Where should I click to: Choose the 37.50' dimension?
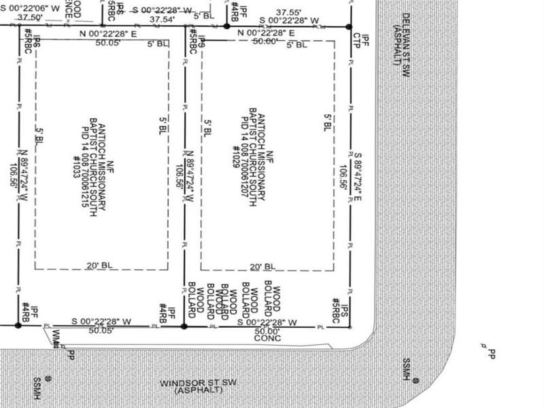pyautogui.click(x=26, y=17)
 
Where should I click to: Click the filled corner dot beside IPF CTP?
pyautogui.click(x=350, y=27)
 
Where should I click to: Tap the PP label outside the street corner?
pyautogui.click(x=492, y=354)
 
